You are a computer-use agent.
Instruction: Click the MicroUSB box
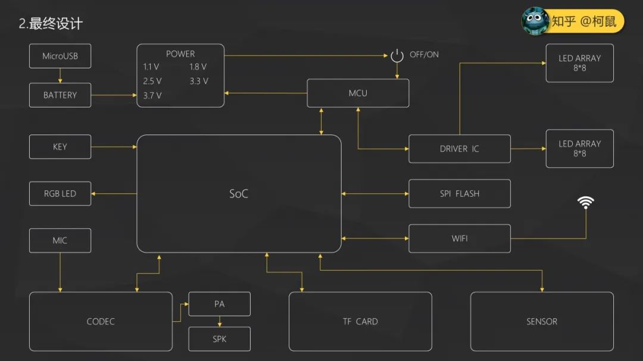tap(60, 56)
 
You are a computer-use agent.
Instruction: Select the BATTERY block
tap(60, 95)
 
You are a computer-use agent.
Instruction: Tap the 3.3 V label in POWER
tap(199, 81)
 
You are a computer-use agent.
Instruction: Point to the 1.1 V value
tap(151, 67)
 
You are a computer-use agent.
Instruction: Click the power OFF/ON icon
tap(397, 55)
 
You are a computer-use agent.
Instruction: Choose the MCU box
tap(358, 93)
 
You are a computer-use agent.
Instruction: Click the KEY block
tap(60, 147)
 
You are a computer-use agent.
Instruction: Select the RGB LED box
tap(60, 194)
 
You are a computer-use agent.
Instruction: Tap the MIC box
tap(60, 240)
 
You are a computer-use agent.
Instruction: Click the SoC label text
tap(239, 194)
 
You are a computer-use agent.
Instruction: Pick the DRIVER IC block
tap(459, 149)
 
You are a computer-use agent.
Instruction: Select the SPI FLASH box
tap(459, 194)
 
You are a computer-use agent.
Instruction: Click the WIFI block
tap(459, 238)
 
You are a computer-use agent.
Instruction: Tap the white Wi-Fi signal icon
tap(586, 203)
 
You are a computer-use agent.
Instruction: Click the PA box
tap(219, 304)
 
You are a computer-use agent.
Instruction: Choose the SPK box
tap(219, 340)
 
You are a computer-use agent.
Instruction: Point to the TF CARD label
tap(360, 322)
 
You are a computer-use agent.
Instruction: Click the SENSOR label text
tap(542, 322)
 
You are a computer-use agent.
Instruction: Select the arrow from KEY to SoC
tap(114, 147)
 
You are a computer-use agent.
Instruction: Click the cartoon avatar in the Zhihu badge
tap(535, 21)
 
